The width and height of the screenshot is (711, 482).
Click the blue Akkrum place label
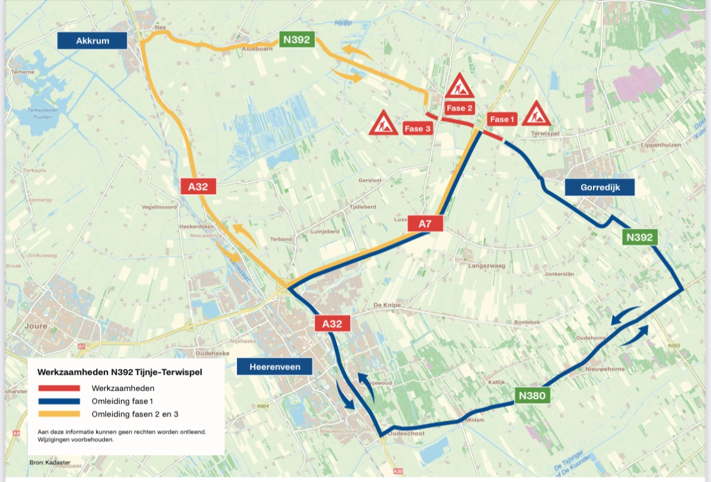(x=92, y=40)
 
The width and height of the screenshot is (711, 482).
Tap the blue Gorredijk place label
(x=600, y=187)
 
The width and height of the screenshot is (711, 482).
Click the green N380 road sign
(x=533, y=395)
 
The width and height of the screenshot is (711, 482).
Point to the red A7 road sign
(x=425, y=224)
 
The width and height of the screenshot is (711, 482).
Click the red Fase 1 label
(x=500, y=119)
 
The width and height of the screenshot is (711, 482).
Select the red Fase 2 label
(x=460, y=108)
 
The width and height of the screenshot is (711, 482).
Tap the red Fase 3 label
(x=417, y=128)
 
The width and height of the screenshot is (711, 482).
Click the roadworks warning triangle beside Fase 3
(x=383, y=123)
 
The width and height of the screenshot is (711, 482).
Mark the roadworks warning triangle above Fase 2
(x=459, y=87)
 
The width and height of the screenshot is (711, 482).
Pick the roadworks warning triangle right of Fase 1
(x=537, y=114)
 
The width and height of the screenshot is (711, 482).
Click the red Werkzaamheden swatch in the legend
(x=59, y=388)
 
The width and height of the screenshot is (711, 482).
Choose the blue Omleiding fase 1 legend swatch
(x=59, y=401)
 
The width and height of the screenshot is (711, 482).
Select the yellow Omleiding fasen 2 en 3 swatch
(x=59, y=413)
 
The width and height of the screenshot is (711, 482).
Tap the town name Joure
(x=37, y=326)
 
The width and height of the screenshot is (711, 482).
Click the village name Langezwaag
(x=487, y=266)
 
